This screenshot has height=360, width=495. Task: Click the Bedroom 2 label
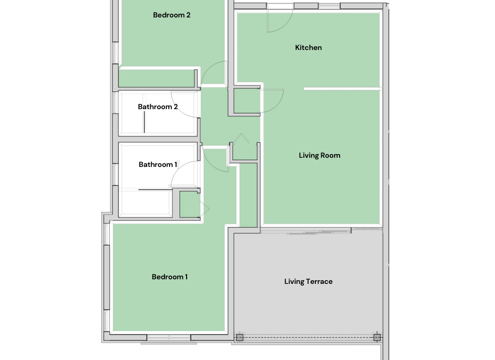coord(172,15)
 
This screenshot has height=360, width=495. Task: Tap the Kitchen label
coord(308,47)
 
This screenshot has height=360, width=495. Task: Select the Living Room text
coord(319,155)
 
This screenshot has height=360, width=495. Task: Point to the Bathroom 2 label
coord(158,107)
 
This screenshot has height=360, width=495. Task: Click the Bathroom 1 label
coord(158,165)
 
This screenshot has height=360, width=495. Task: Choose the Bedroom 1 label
coord(170,277)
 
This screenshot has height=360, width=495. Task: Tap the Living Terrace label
coord(308,282)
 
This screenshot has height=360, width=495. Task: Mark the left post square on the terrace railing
coord(240,337)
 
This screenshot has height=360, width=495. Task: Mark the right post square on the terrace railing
coord(377,337)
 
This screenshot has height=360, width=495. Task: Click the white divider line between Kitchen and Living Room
coord(343,89)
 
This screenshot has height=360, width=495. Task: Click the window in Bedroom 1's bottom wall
coord(169,338)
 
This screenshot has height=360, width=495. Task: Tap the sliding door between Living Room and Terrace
coord(306,232)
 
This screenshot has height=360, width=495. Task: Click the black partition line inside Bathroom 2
coord(144,122)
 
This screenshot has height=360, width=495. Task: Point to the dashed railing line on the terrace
coord(308,337)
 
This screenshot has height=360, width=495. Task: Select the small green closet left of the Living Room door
coord(247,100)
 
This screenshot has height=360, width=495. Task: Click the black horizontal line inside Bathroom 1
coord(155,189)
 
